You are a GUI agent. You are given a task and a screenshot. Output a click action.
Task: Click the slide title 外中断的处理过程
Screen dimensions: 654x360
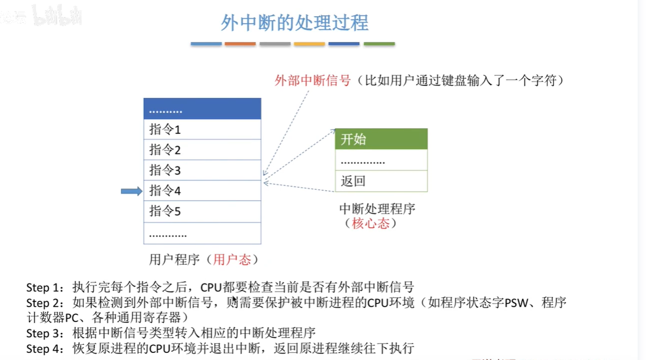tap(294, 23)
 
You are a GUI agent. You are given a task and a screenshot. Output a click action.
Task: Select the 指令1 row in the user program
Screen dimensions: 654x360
tap(202, 129)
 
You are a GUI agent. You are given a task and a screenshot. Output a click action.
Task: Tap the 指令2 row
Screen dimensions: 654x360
tap(202, 150)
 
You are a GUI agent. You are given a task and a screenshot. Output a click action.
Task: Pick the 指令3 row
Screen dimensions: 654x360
tap(202, 170)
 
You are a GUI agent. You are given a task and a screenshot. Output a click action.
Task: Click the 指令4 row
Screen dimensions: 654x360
tap(202, 191)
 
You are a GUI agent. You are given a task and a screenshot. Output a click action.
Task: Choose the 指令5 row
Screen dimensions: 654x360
tap(202, 211)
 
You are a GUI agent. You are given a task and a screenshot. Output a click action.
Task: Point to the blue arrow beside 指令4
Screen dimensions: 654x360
tap(131, 191)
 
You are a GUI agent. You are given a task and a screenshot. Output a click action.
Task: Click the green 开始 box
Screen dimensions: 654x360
tap(381, 139)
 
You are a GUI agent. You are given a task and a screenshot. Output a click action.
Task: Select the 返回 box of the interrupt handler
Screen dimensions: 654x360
tap(381, 181)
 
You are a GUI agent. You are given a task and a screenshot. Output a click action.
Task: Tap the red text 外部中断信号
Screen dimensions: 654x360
tap(312, 81)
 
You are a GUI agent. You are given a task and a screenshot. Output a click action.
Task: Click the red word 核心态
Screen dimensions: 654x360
tap(371, 224)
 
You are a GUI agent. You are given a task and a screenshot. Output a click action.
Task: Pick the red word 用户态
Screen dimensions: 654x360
tap(232, 259)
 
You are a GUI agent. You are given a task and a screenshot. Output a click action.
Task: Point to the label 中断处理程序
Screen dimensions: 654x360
tap(377, 209)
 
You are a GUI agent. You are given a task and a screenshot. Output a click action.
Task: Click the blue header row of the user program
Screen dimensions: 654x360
tap(202, 109)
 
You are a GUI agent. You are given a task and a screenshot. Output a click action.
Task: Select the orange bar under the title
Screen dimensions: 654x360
tap(240, 44)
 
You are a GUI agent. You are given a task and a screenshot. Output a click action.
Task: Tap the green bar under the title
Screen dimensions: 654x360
tap(379, 44)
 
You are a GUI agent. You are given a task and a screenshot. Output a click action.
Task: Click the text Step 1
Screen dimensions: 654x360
tap(45, 287)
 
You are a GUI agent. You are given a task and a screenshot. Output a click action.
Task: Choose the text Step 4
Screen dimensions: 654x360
tap(45, 348)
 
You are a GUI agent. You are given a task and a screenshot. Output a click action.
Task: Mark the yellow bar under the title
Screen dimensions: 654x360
tap(309, 44)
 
